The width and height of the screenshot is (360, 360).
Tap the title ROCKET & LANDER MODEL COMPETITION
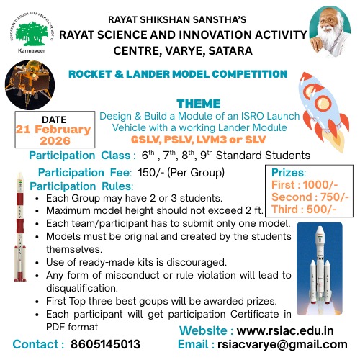[179, 74]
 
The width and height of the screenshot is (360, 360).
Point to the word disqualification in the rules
[84, 287]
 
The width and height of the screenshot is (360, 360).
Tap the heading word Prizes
[289, 172]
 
